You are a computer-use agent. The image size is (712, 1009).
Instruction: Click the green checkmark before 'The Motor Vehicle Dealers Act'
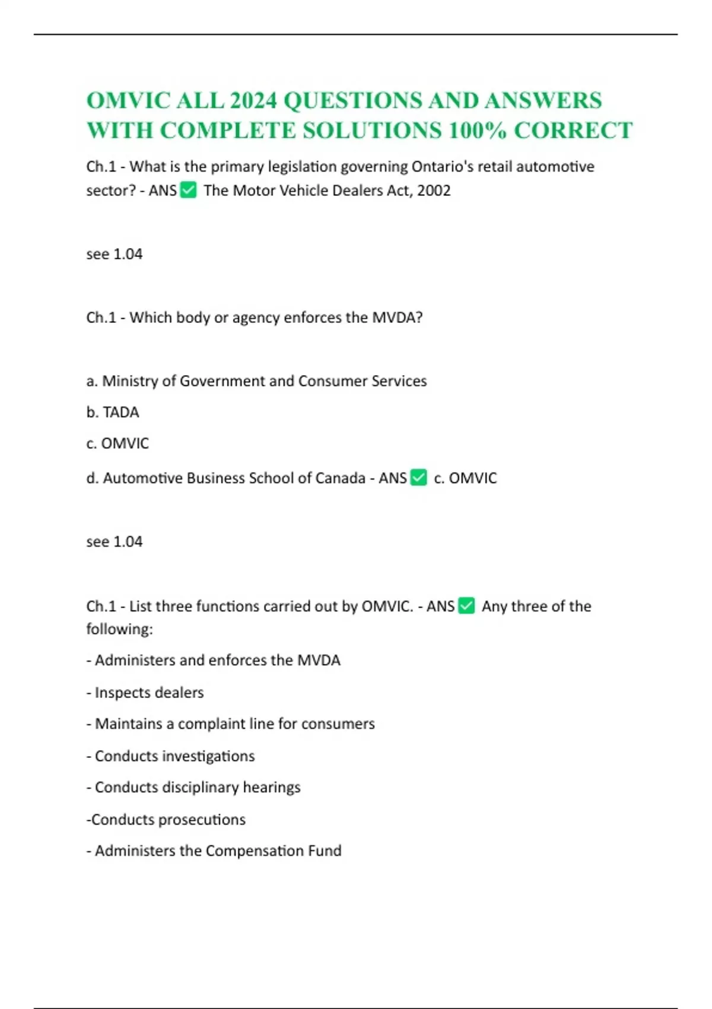[188, 191]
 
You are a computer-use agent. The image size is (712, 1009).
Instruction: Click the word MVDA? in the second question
[397, 318]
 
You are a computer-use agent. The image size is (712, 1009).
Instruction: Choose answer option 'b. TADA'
[113, 413]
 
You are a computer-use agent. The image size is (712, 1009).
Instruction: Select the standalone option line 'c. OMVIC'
[117, 443]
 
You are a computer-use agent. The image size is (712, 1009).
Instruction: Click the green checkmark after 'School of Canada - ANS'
[418, 478]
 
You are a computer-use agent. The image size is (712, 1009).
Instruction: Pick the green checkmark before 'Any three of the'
[466, 606]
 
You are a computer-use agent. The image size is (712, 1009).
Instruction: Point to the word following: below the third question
[119, 629]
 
